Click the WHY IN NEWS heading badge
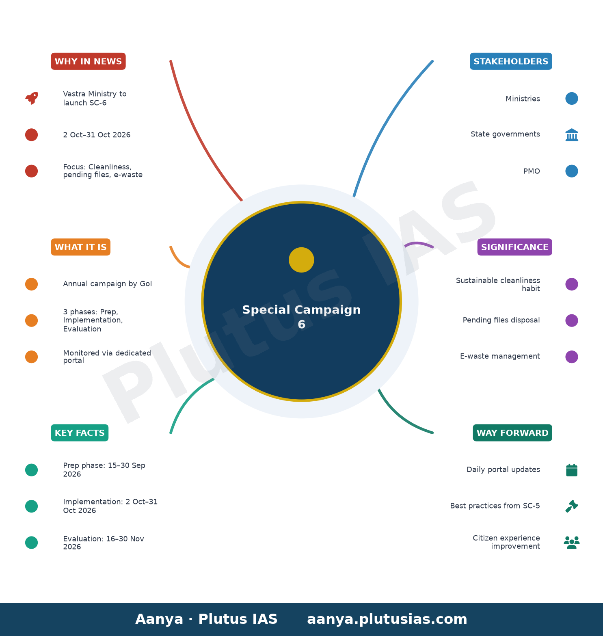click(x=88, y=61)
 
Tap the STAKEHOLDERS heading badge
click(x=511, y=61)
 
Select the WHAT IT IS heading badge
click(x=80, y=247)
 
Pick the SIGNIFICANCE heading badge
click(x=514, y=247)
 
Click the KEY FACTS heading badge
click(x=80, y=433)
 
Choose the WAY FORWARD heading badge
click(x=512, y=433)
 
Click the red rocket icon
click(x=32, y=98)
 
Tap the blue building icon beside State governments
click(x=572, y=135)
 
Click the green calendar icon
click(x=572, y=470)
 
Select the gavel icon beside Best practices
click(x=572, y=506)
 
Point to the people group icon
click(x=572, y=543)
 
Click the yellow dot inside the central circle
click(x=301, y=260)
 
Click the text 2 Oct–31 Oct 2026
click(x=97, y=135)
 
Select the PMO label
click(x=532, y=171)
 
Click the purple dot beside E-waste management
click(x=572, y=357)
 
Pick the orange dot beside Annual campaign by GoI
click(x=32, y=284)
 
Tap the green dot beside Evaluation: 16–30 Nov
click(x=32, y=543)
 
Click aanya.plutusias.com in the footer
click(x=387, y=619)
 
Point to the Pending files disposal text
click(x=501, y=320)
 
